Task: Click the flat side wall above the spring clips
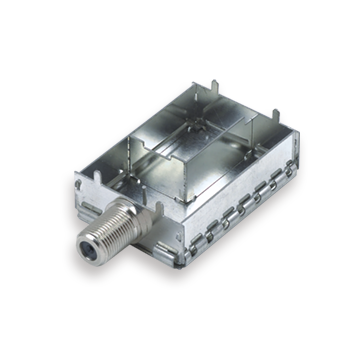tap(230, 195)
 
